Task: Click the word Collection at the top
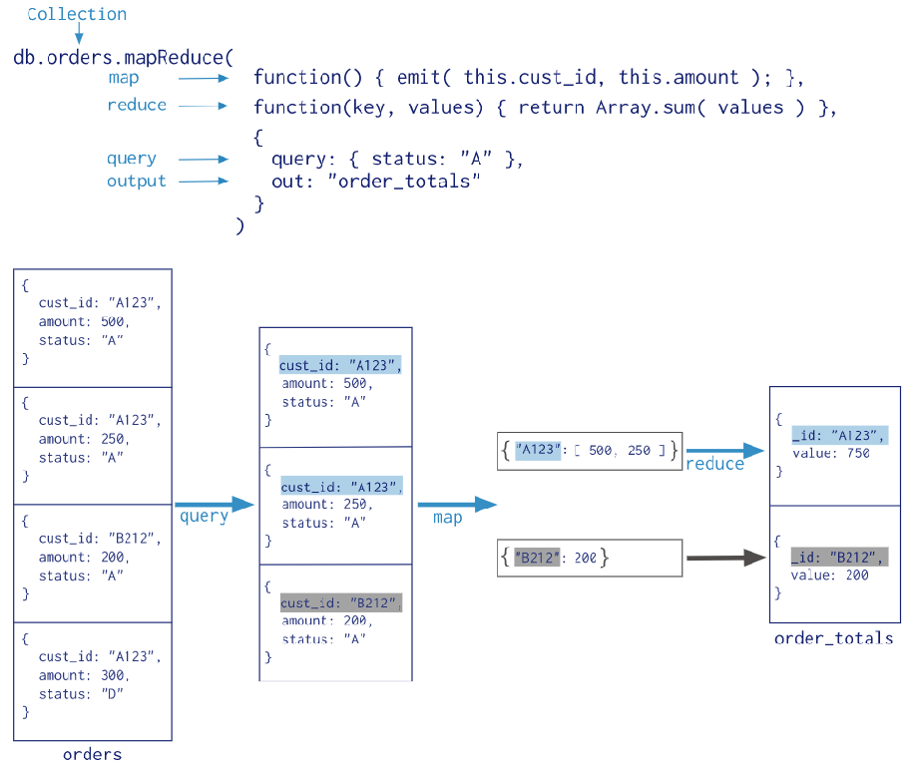(77, 14)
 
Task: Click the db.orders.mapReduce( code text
(123, 57)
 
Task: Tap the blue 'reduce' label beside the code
(137, 105)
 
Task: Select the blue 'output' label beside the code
(137, 181)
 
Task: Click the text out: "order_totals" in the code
(376, 182)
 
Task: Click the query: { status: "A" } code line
(396, 160)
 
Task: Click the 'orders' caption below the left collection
(92, 754)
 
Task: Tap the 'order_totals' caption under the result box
(834, 637)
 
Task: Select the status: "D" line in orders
(81, 694)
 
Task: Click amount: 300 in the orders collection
(84, 675)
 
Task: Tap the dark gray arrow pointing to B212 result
(724, 559)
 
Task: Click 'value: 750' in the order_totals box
(831, 453)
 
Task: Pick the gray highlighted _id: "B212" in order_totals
(838, 557)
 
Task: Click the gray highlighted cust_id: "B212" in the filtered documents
(340, 603)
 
